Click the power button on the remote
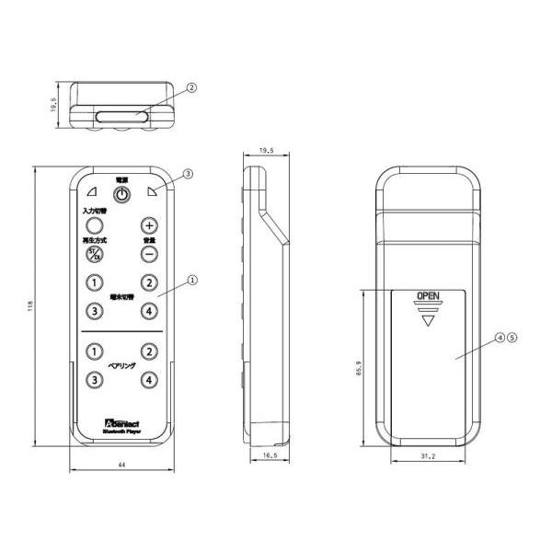(120, 194)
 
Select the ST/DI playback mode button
(93, 255)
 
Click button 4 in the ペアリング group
(150, 380)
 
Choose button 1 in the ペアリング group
(93, 351)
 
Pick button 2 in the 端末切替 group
(150, 283)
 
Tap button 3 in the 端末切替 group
(93, 312)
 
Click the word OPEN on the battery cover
(428, 295)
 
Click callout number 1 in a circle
(191, 276)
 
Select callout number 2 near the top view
(191, 88)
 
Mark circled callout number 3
(188, 173)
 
